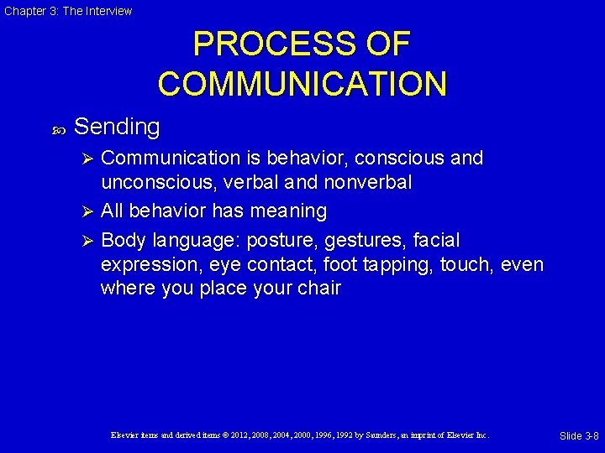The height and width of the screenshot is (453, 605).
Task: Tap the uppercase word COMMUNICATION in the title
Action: (x=302, y=84)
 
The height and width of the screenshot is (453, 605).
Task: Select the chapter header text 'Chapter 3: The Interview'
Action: (x=66, y=11)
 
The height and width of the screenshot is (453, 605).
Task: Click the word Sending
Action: (x=117, y=127)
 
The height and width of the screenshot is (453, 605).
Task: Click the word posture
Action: (x=276, y=241)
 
